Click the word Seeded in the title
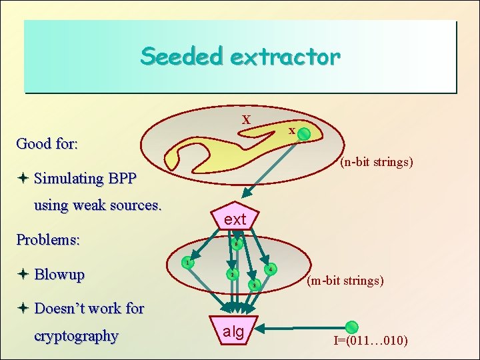tap(181, 56)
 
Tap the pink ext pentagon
tap(235, 217)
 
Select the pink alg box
tap(233, 330)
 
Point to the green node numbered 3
tap(253, 286)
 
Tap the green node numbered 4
tap(270, 270)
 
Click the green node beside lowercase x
tap(303, 135)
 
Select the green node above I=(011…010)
tap(351, 327)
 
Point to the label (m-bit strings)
tap(345, 281)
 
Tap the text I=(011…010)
tap(371, 342)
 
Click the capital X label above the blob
tap(246, 121)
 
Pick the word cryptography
tap(76, 336)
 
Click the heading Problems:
tap(48, 239)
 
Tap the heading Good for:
tap(47, 143)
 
